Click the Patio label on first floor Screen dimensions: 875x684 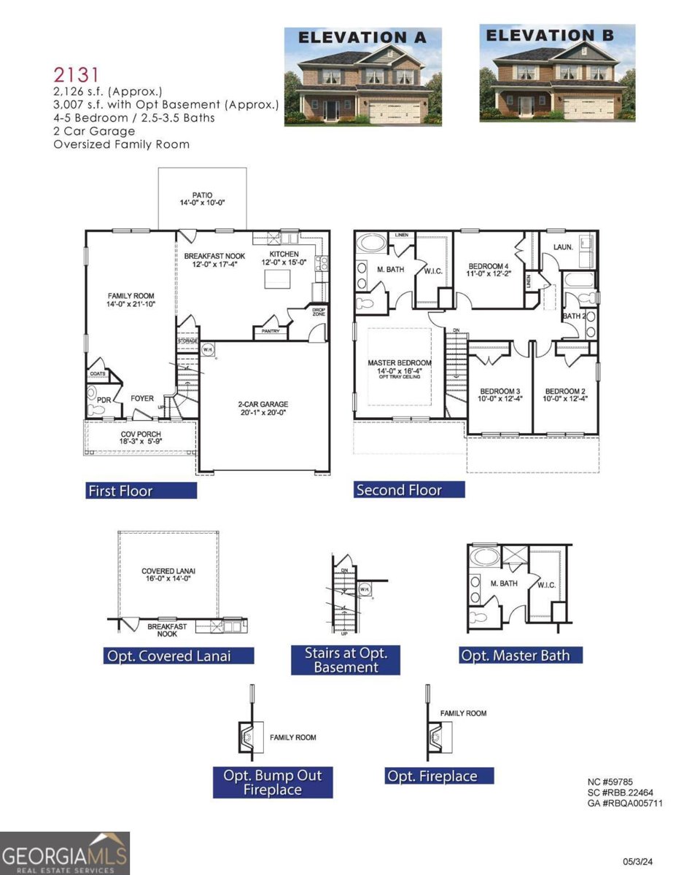[202, 199]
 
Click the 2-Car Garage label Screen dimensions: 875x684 [263, 408]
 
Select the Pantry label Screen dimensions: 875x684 [269, 332]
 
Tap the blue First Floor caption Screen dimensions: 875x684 [141, 491]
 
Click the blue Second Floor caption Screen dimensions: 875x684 [409, 490]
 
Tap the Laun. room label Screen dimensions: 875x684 [562, 247]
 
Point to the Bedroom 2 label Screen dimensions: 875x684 [565, 394]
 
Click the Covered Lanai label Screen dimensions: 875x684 [168, 575]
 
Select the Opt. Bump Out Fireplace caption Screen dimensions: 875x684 [272, 782]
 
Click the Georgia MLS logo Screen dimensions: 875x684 [64, 853]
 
